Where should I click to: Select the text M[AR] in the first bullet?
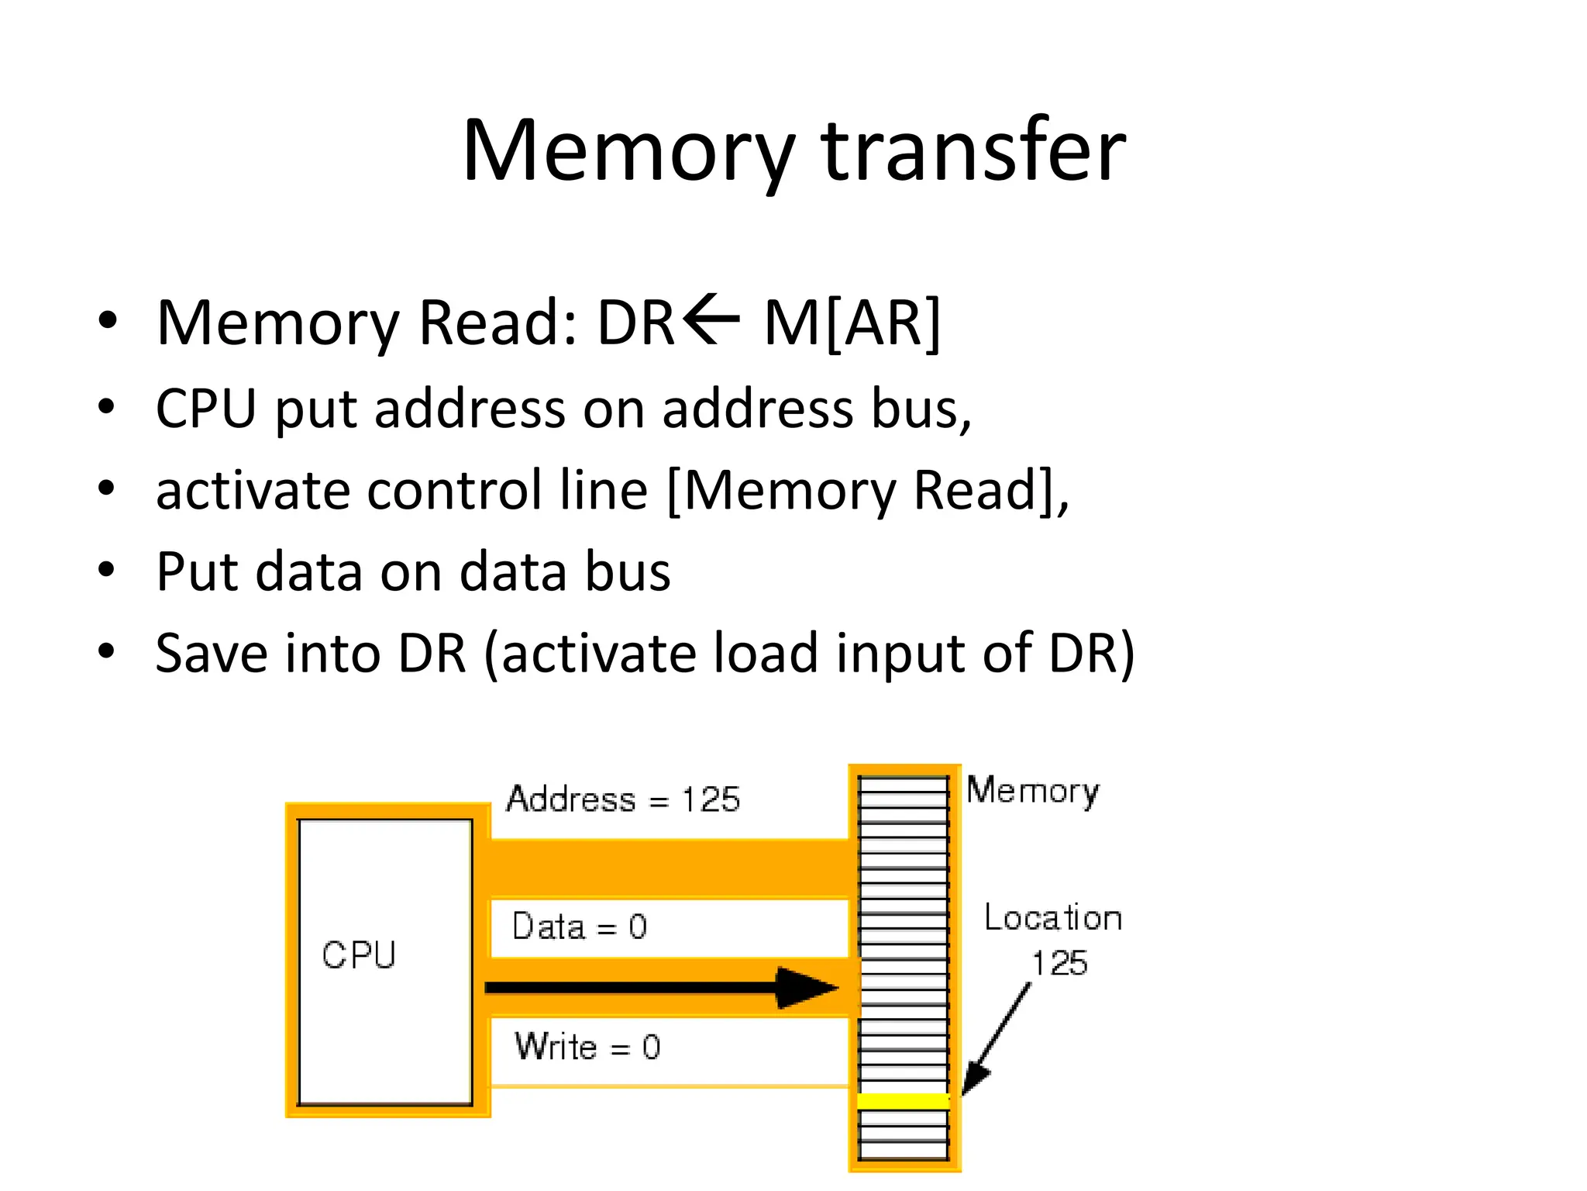pyautogui.click(x=852, y=323)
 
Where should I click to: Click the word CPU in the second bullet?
pyautogui.click(x=205, y=409)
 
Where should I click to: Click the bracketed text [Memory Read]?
pyautogui.click(x=868, y=491)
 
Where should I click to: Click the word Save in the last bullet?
pyautogui.click(x=210, y=653)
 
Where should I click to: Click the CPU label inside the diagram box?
pyautogui.click(x=359, y=955)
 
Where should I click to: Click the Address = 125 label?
pyautogui.click(x=623, y=799)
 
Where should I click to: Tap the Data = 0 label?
pyautogui.click(x=580, y=927)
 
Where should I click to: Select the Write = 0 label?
pyautogui.click(x=587, y=1048)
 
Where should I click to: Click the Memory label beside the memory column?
pyautogui.click(x=1032, y=791)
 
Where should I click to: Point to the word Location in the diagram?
pyautogui.click(x=1053, y=918)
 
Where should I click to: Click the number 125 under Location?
pyautogui.click(x=1059, y=964)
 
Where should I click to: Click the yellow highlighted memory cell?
pyautogui.click(x=904, y=1101)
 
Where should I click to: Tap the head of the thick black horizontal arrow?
pyautogui.click(x=806, y=988)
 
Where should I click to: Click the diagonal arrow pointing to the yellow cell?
pyautogui.click(x=997, y=1037)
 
